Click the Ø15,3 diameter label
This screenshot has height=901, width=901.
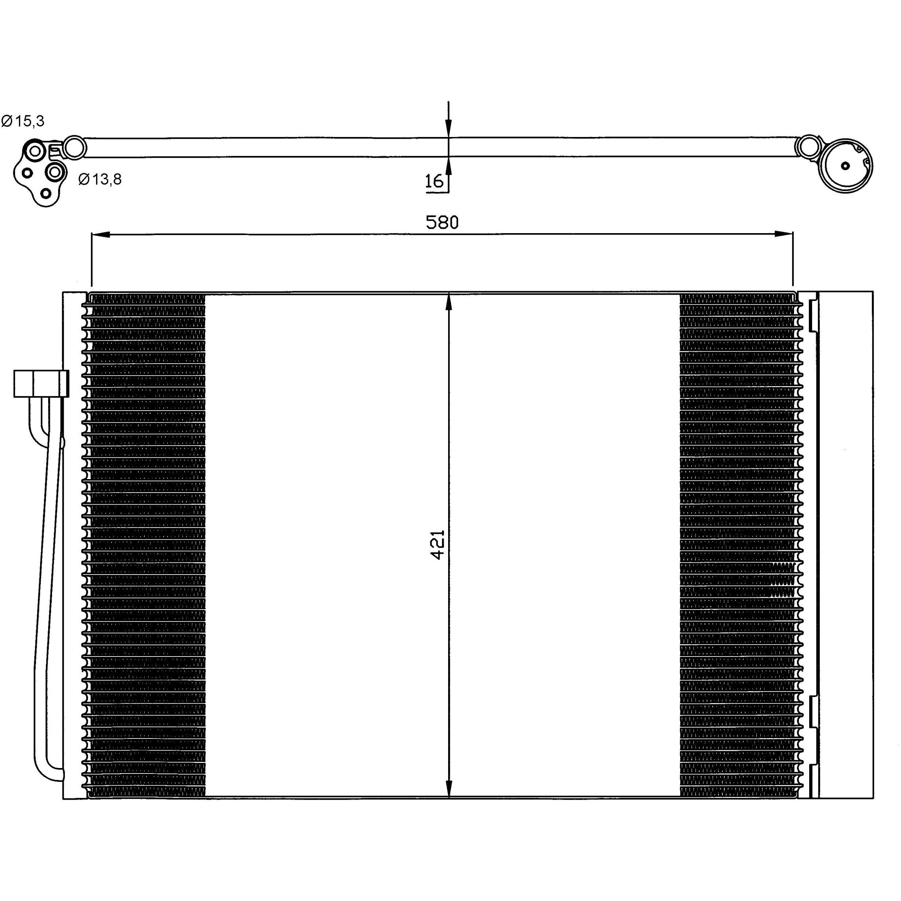click(x=23, y=121)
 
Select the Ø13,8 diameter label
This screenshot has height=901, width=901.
click(x=100, y=179)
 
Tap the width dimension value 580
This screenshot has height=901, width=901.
click(x=442, y=223)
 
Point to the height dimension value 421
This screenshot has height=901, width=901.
click(x=438, y=544)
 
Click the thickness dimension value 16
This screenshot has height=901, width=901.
click(x=434, y=181)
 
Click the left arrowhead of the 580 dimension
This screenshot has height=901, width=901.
click(x=100, y=234)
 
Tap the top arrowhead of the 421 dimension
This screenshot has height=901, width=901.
click(x=448, y=302)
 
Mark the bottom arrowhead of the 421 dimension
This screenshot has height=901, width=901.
click(x=448, y=788)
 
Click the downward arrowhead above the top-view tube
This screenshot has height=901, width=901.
click(x=448, y=128)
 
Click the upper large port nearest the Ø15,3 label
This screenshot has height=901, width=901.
click(x=35, y=151)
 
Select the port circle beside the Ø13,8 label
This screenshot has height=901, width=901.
click(x=55, y=172)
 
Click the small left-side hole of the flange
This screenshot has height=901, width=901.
click(x=27, y=173)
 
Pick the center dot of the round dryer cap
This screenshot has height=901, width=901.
click(x=846, y=165)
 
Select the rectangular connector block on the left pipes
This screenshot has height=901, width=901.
click(x=41, y=383)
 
